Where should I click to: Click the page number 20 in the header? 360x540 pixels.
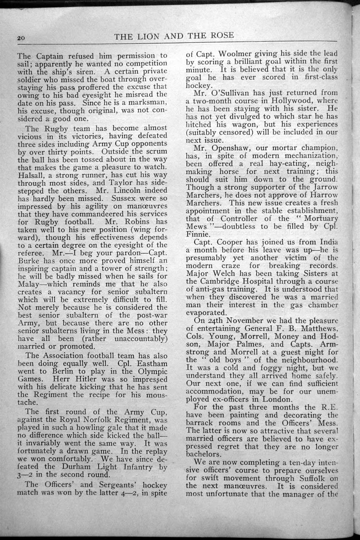pos(22,38)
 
